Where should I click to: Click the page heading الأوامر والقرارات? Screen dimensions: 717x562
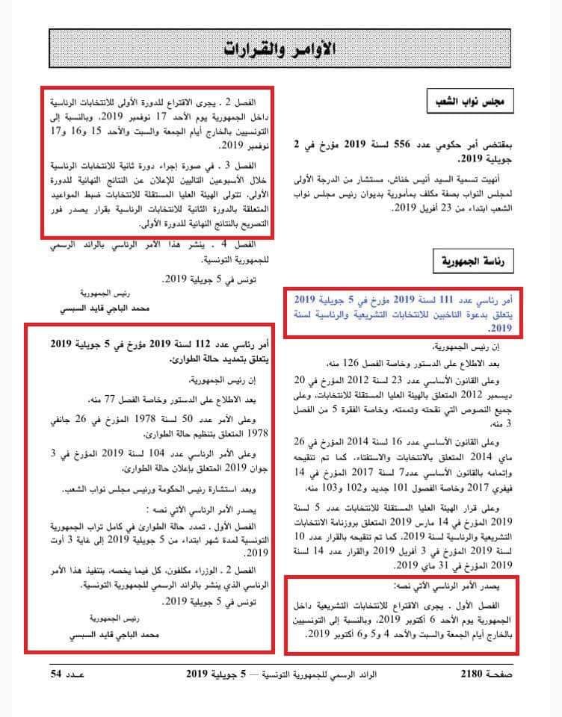[281, 49]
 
